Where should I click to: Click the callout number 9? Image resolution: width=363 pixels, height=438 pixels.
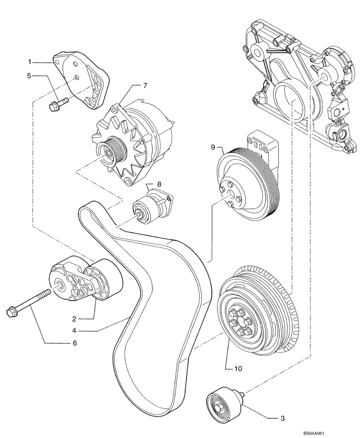click(x=213, y=148)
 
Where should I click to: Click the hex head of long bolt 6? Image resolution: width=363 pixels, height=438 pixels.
click(x=12, y=312)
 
